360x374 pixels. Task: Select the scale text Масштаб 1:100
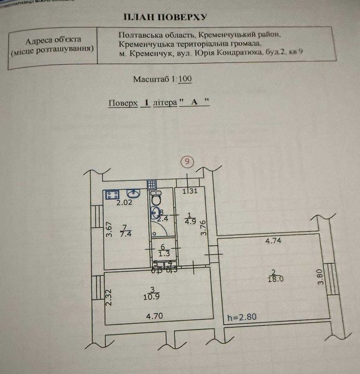[x=163, y=79]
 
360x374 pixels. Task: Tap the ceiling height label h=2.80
[x=242, y=316]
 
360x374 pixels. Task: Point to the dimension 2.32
[x=109, y=297]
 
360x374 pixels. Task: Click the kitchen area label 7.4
[x=126, y=233]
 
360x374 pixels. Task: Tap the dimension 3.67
[x=108, y=230]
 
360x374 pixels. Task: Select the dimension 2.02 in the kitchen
[x=124, y=202]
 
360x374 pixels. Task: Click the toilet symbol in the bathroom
[x=156, y=199]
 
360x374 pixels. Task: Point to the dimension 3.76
[x=204, y=228]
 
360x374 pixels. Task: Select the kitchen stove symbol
[x=112, y=195]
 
